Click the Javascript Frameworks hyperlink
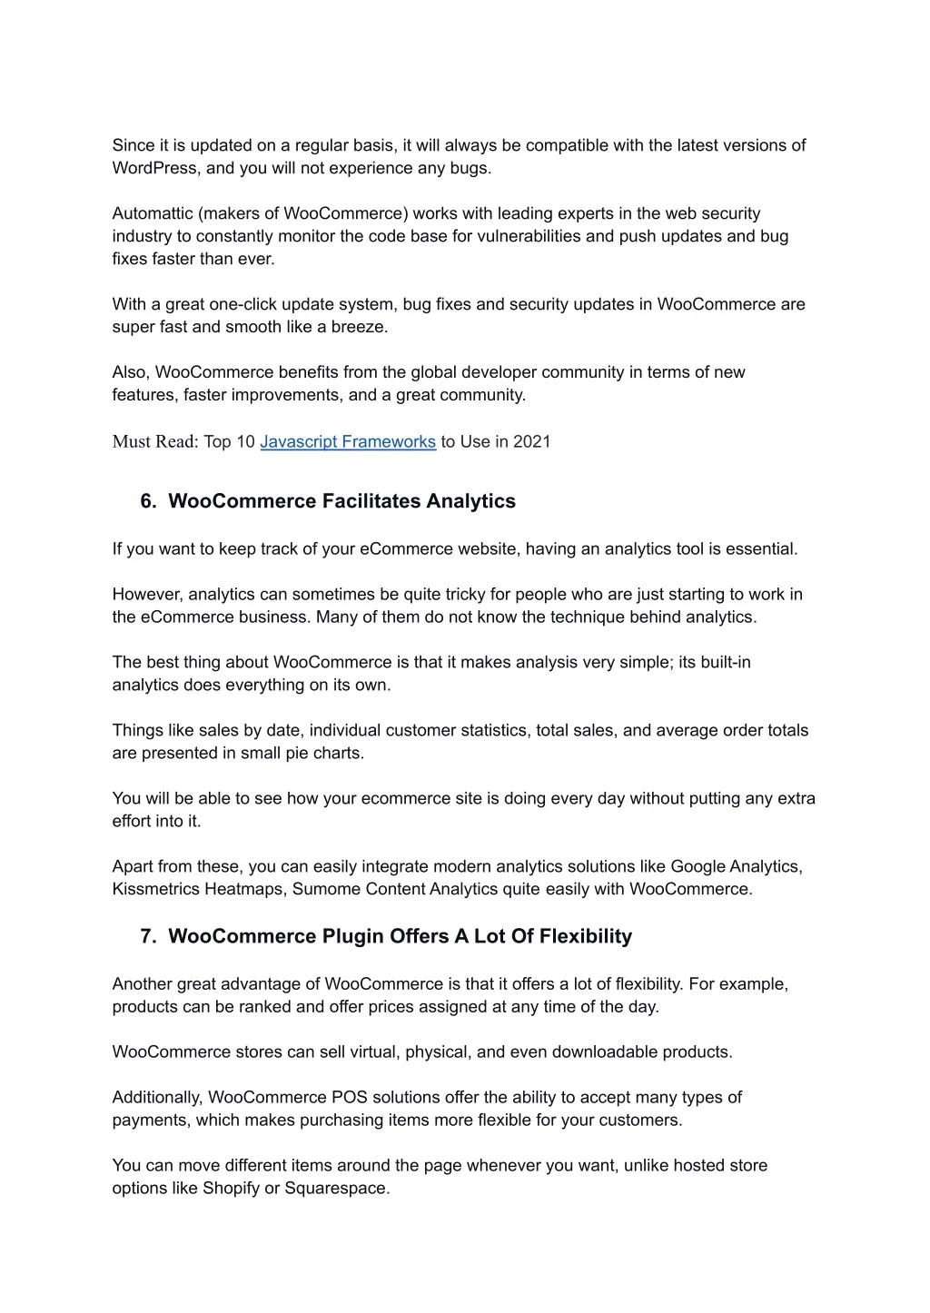point(348,442)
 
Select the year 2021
point(532,442)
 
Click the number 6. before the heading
point(149,501)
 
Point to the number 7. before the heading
point(149,936)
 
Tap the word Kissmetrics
point(155,889)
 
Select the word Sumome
point(326,889)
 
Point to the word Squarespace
point(337,1189)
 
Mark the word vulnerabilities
point(529,236)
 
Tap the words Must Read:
point(155,442)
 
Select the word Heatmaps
point(243,889)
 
